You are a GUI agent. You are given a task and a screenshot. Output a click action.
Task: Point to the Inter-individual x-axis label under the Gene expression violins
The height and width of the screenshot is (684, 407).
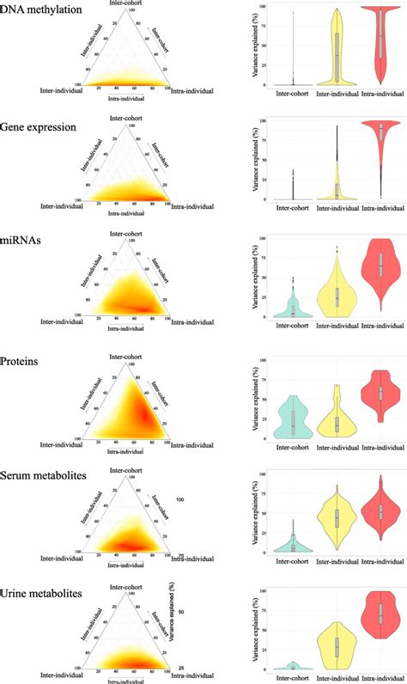click(x=337, y=209)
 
